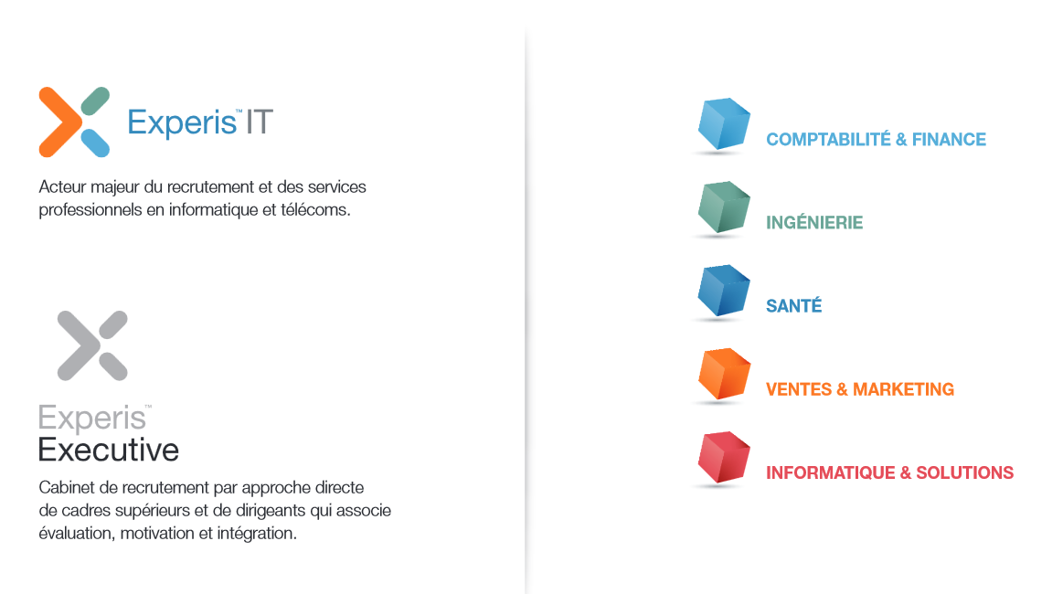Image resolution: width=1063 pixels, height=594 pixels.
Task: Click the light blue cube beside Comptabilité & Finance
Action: click(724, 123)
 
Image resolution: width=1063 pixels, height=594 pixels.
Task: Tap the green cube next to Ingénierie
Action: click(724, 207)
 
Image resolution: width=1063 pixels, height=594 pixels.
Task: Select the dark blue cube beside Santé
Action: click(724, 291)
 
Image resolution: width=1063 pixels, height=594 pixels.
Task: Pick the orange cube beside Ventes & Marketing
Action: click(724, 374)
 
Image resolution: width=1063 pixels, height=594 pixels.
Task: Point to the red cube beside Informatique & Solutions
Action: click(724, 457)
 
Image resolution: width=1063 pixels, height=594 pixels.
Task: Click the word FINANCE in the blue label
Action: click(949, 140)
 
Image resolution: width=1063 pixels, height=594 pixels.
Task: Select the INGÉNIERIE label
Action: click(814, 222)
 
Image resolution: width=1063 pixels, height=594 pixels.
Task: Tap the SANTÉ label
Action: click(794, 305)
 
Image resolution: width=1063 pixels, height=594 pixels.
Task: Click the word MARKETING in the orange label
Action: click(903, 389)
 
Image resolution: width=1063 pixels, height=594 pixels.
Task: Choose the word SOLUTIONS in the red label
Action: click(964, 472)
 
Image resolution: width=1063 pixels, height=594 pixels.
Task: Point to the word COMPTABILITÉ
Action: click(828, 139)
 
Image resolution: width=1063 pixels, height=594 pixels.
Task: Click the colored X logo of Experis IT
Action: click(74, 122)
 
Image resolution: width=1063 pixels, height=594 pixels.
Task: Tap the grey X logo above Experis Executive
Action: click(92, 345)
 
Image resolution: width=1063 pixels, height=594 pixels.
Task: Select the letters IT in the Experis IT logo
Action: click(259, 122)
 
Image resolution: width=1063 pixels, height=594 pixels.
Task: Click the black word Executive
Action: click(109, 450)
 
